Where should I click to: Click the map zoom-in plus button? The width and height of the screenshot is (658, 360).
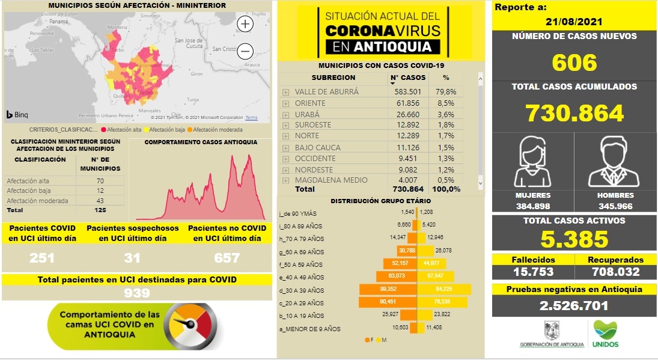coord(246,24)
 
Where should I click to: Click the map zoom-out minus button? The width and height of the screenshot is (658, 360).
coord(246,51)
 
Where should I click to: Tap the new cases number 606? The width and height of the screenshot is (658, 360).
coord(574,63)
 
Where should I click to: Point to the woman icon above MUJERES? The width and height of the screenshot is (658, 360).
coord(533,162)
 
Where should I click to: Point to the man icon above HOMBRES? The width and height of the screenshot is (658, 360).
coord(615,162)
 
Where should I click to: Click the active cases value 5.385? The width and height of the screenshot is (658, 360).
coord(574,240)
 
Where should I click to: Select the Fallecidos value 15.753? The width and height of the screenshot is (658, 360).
coord(532,272)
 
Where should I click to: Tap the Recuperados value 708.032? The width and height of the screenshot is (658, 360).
coord(615,272)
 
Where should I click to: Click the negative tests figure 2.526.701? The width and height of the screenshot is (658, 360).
coord(574,306)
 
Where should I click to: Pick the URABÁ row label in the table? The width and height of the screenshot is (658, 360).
coord(307,114)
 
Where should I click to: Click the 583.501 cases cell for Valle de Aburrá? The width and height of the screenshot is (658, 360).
coord(407,92)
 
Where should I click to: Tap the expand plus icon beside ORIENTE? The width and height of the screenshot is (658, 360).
coord(285,103)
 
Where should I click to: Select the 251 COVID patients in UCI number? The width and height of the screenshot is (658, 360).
coord(42,258)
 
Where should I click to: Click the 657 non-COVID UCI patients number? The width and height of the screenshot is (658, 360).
coord(227,258)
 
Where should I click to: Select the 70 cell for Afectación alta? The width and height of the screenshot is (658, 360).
coord(99,181)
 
